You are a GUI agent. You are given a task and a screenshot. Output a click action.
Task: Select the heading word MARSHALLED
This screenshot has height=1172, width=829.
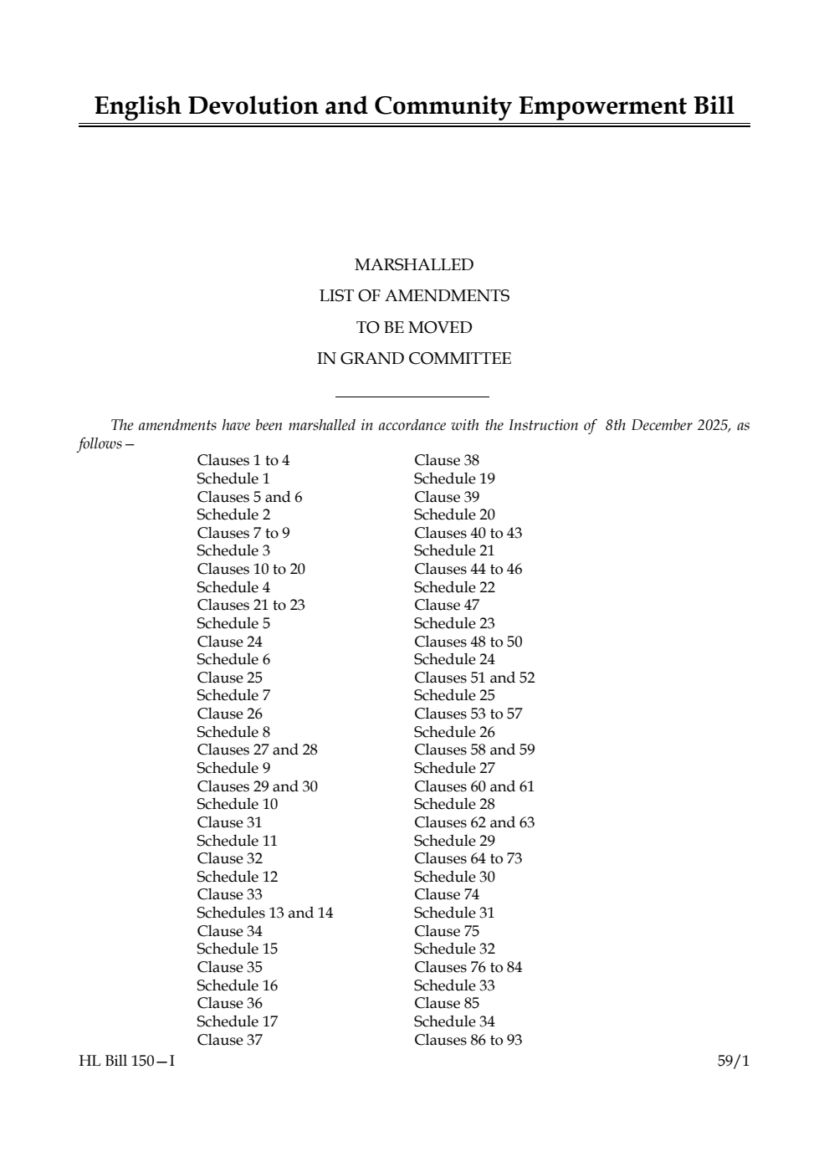pyautogui.click(x=414, y=264)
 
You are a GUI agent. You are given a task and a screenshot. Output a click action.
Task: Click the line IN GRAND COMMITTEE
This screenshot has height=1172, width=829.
pyautogui.click(x=414, y=359)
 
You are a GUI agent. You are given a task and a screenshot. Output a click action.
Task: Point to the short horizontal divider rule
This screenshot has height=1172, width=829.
pyautogui.click(x=412, y=397)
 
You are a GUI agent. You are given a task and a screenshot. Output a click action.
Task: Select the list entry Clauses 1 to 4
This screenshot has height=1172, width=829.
pyautogui.click(x=243, y=460)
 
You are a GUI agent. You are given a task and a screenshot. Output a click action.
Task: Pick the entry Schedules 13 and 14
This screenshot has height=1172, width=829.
pyautogui.click(x=264, y=913)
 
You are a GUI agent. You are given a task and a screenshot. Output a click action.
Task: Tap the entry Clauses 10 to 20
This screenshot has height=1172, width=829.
pyautogui.click(x=251, y=569)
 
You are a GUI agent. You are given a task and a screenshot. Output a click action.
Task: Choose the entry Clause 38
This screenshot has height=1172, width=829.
pyautogui.click(x=447, y=460)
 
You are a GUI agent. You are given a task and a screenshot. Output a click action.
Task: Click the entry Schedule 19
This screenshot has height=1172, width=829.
pyautogui.click(x=454, y=479)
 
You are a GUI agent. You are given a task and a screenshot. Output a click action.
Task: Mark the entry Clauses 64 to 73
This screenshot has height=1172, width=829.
pyautogui.click(x=468, y=858)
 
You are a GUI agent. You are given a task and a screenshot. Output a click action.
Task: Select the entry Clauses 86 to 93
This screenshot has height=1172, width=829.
pyautogui.click(x=468, y=1040)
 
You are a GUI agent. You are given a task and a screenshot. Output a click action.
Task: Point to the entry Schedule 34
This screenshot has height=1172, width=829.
pyautogui.click(x=454, y=1021)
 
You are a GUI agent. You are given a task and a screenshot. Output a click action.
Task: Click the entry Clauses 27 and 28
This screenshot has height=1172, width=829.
pyautogui.click(x=257, y=750)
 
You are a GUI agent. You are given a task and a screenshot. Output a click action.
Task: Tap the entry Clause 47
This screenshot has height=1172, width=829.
pyautogui.click(x=447, y=605)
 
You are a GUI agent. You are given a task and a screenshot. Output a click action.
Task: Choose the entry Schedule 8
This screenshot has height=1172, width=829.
pyautogui.click(x=233, y=732)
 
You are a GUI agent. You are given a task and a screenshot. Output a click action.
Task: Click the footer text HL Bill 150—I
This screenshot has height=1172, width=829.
pyautogui.click(x=127, y=1062)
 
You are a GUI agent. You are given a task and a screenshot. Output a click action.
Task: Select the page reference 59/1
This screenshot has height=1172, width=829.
pyautogui.click(x=734, y=1062)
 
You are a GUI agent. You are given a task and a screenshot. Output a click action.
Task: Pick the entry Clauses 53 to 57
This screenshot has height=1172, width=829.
pyautogui.click(x=468, y=714)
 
